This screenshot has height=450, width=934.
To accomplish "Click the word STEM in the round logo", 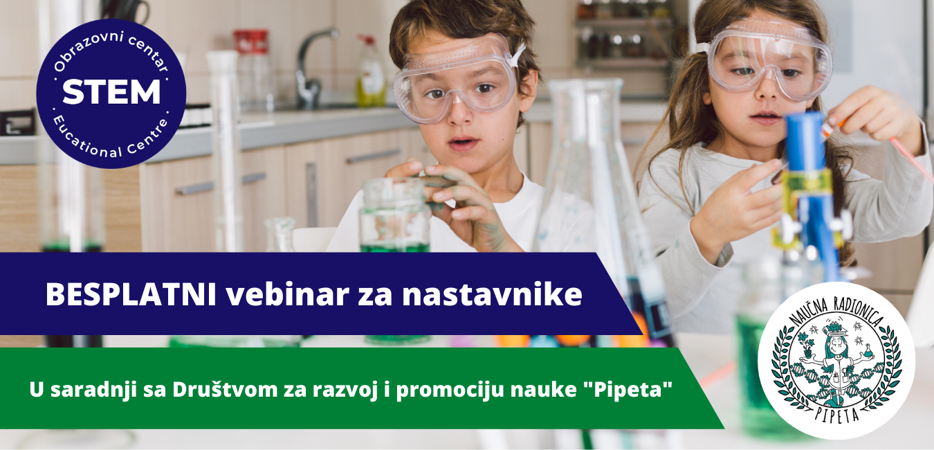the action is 111,91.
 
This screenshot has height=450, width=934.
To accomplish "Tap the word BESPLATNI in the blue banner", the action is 131,294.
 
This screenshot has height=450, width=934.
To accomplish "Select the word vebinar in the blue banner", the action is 287,294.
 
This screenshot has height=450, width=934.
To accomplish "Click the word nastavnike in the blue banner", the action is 492,294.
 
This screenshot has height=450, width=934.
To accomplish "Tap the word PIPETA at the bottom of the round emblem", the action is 837,414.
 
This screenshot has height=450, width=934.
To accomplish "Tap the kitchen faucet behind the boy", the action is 313,68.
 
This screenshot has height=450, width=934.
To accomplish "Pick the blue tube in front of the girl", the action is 805,142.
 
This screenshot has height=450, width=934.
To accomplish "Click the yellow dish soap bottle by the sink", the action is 371,71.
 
